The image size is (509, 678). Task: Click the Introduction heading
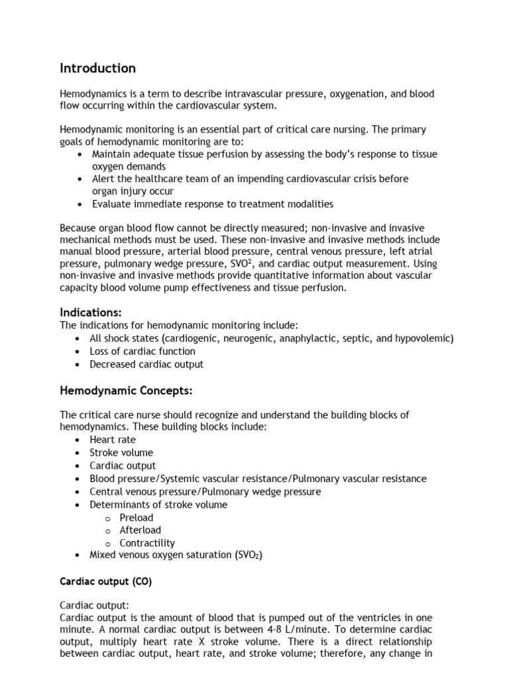click(97, 68)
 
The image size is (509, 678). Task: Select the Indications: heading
click(91, 312)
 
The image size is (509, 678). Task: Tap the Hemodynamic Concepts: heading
click(126, 391)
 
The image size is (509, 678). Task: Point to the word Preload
click(136, 517)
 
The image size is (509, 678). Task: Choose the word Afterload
click(140, 530)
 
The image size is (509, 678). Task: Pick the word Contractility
click(147, 543)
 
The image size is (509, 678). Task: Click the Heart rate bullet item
click(113, 440)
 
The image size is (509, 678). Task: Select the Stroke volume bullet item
click(121, 453)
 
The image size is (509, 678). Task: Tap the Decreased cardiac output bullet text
click(147, 364)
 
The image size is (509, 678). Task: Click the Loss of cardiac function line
click(142, 351)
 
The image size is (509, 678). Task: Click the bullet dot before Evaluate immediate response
click(80, 204)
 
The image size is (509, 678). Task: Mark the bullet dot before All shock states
click(80, 338)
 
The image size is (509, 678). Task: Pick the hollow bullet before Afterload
click(107, 530)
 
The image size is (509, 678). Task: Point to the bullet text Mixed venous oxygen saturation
click(176, 555)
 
